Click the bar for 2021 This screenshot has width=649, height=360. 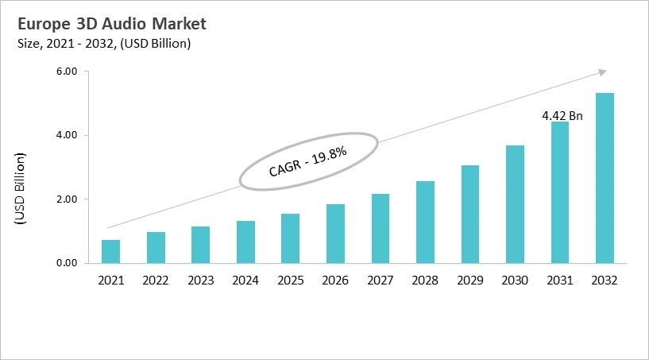point(110,251)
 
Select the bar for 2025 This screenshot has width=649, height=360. point(291,238)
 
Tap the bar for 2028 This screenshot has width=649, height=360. point(426,222)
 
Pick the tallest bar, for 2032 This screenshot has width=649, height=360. point(605,178)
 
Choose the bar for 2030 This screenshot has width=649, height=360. point(516,203)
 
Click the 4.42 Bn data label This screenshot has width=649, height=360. point(562,116)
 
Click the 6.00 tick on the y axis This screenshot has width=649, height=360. point(66,72)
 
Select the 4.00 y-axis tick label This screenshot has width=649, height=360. point(66,135)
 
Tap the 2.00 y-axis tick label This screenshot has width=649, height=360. point(66,199)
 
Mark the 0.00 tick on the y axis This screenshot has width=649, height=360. point(66,263)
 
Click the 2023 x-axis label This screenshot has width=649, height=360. point(201,280)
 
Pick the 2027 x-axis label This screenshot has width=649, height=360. point(381,280)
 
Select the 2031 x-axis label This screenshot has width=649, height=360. point(561,280)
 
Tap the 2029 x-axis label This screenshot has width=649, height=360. point(470,280)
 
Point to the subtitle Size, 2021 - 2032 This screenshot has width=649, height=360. point(102,44)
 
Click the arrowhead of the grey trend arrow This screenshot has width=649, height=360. point(601,72)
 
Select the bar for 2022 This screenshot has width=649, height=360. point(156,247)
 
